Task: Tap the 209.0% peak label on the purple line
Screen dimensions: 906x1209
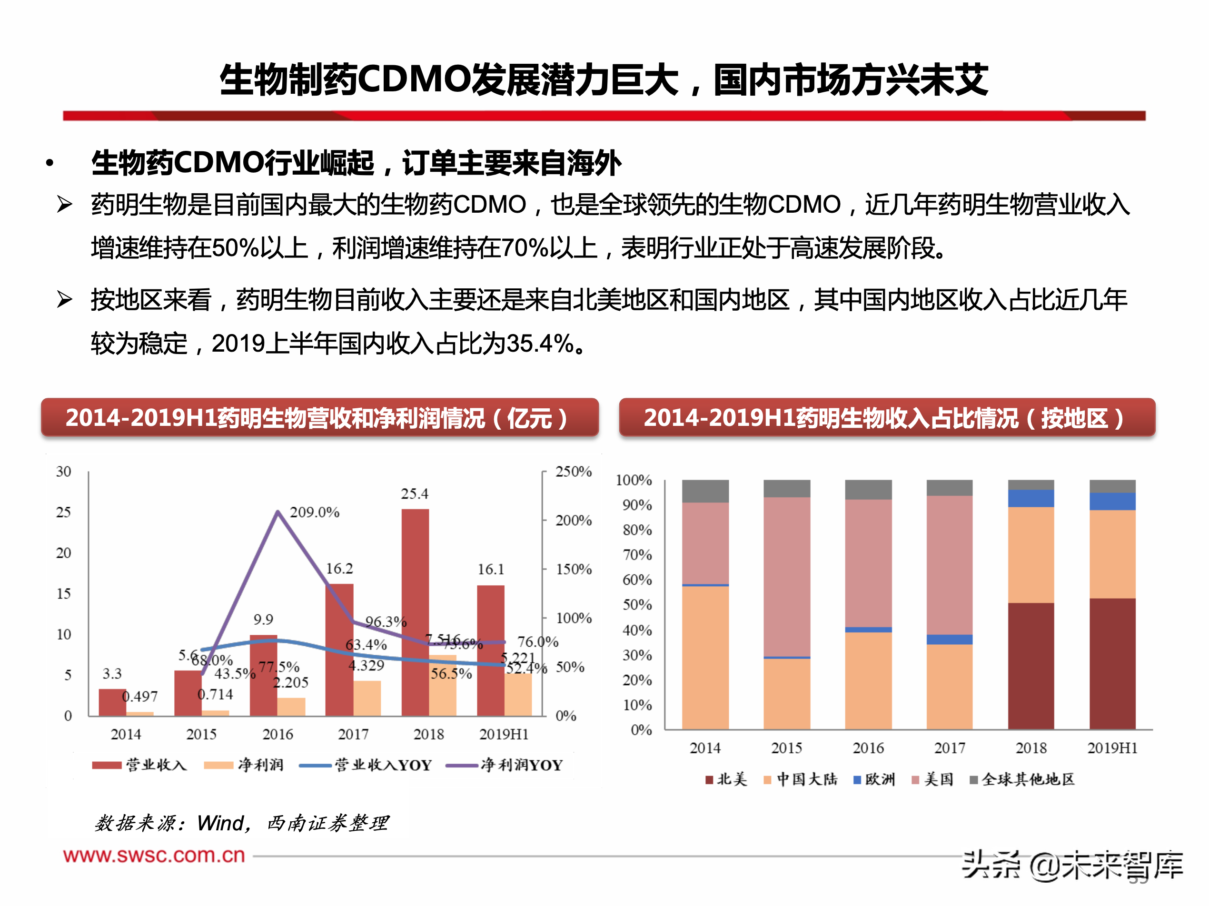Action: [x=314, y=512]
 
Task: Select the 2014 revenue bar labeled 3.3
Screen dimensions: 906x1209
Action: [x=112, y=702]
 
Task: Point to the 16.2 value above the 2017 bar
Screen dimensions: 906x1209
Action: [x=339, y=569]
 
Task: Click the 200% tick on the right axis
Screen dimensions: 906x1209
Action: [x=574, y=520]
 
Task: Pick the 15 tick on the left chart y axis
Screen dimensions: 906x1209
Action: [x=63, y=593]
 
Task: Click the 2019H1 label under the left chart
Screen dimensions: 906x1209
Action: [x=504, y=734]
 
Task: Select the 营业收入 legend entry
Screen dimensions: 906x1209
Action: [x=156, y=765]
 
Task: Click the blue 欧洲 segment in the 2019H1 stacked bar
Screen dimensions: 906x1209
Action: [x=1112, y=501]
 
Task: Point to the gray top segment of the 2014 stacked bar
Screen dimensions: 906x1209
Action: [x=705, y=491]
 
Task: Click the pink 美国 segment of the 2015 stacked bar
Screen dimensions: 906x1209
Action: [x=786, y=577]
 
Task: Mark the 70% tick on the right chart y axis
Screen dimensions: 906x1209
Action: [x=637, y=555]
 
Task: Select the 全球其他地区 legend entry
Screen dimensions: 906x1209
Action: [x=1028, y=779]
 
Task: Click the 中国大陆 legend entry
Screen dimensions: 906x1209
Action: [x=806, y=779]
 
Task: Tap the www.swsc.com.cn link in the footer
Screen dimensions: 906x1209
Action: [x=154, y=855]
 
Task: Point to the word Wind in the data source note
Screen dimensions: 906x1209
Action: [x=220, y=823]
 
